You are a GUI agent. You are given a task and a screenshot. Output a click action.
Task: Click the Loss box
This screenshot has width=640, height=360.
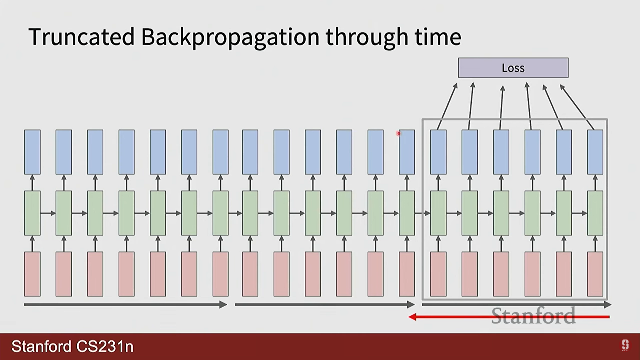[x=513, y=68]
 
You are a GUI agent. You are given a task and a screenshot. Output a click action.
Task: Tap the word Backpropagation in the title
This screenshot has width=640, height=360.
[x=230, y=38]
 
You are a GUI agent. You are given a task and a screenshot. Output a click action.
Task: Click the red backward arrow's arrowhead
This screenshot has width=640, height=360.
[x=413, y=317]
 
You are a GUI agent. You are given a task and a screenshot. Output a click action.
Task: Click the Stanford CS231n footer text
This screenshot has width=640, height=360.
[x=72, y=346]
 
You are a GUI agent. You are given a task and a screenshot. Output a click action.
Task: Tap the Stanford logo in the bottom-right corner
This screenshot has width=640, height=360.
[x=625, y=345]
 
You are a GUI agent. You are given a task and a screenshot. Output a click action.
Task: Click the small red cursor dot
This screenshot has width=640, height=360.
[x=398, y=133]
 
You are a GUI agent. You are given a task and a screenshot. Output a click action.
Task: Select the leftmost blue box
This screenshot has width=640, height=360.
[x=32, y=152]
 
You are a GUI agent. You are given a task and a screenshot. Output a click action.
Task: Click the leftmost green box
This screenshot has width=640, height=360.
[x=32, y=213]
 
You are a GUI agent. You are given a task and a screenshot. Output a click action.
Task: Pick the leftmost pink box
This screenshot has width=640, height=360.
[x=32, y=274]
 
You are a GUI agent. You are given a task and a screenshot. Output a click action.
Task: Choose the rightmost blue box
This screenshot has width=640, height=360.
[x=595, y=152]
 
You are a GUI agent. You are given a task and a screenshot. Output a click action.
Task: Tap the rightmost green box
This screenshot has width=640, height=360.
[x=595, y=213]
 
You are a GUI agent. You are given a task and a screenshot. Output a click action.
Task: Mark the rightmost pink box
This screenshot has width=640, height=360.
[x=595, y=274]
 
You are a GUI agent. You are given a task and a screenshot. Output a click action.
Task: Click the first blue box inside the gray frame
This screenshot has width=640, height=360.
[x=438, y=152]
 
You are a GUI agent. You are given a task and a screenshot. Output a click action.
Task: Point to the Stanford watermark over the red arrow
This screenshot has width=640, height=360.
[x=533, y=316]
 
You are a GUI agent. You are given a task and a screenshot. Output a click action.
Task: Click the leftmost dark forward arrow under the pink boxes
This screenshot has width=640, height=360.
[x=126, y=304]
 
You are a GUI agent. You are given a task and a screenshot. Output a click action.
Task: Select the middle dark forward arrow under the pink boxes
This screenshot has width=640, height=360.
[x=325, y=304]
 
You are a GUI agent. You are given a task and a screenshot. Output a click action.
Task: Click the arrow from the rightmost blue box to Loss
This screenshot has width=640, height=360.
[x=577, y=107]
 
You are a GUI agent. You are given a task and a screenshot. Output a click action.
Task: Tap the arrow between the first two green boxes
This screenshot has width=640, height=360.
[x=48, y=213]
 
